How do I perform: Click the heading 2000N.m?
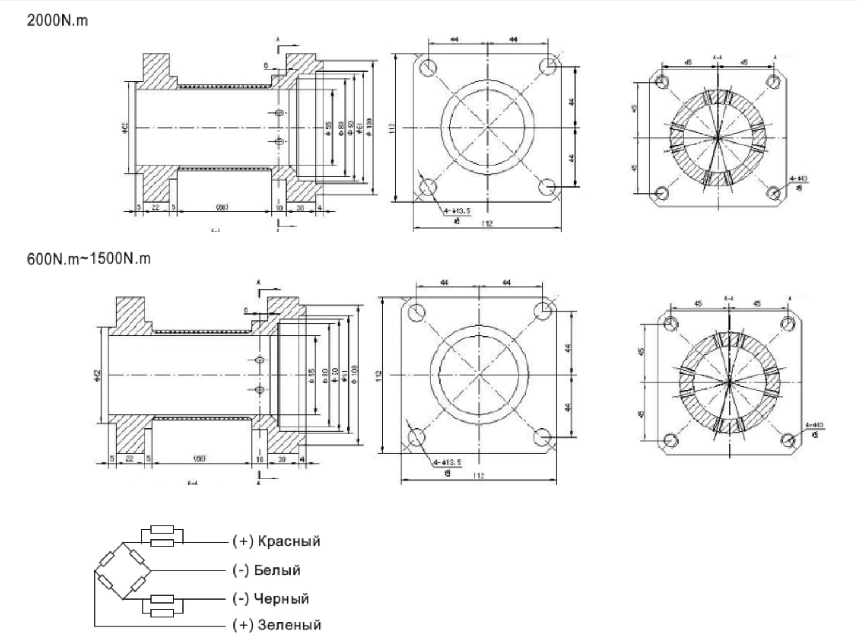[x=58, y=22]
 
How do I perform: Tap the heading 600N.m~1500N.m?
[x=89, y=259]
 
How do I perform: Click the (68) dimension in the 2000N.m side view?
[x=222, y=207]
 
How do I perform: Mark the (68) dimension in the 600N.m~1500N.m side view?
[x=200, y=458]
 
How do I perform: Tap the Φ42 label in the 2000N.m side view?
[x=125, y=129]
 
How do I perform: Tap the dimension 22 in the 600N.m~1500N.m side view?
[x=129, y=459]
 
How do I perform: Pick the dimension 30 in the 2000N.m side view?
[x=300, y=208]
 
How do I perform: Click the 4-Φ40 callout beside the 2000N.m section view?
[x=798, y=179]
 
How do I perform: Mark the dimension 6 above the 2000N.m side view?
[x=266, y=66]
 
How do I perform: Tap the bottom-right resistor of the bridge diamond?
[x=137, y=585]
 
